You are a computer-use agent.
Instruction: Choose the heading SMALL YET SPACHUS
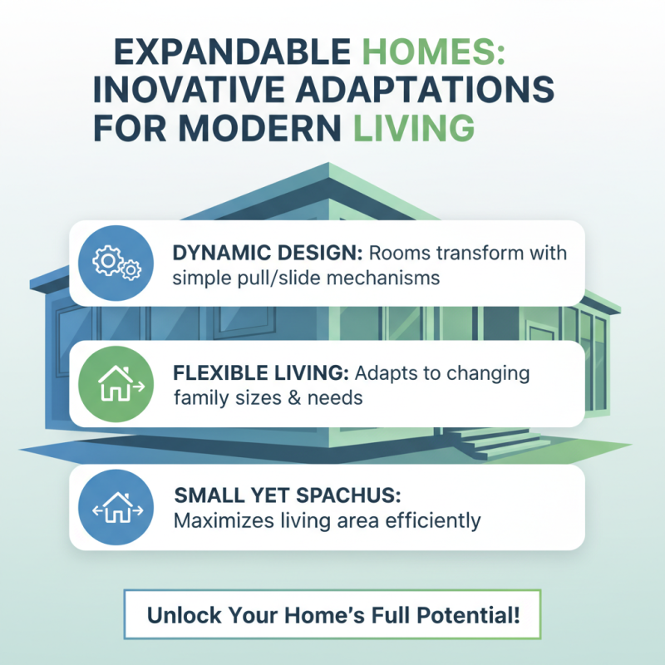[288, 495]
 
